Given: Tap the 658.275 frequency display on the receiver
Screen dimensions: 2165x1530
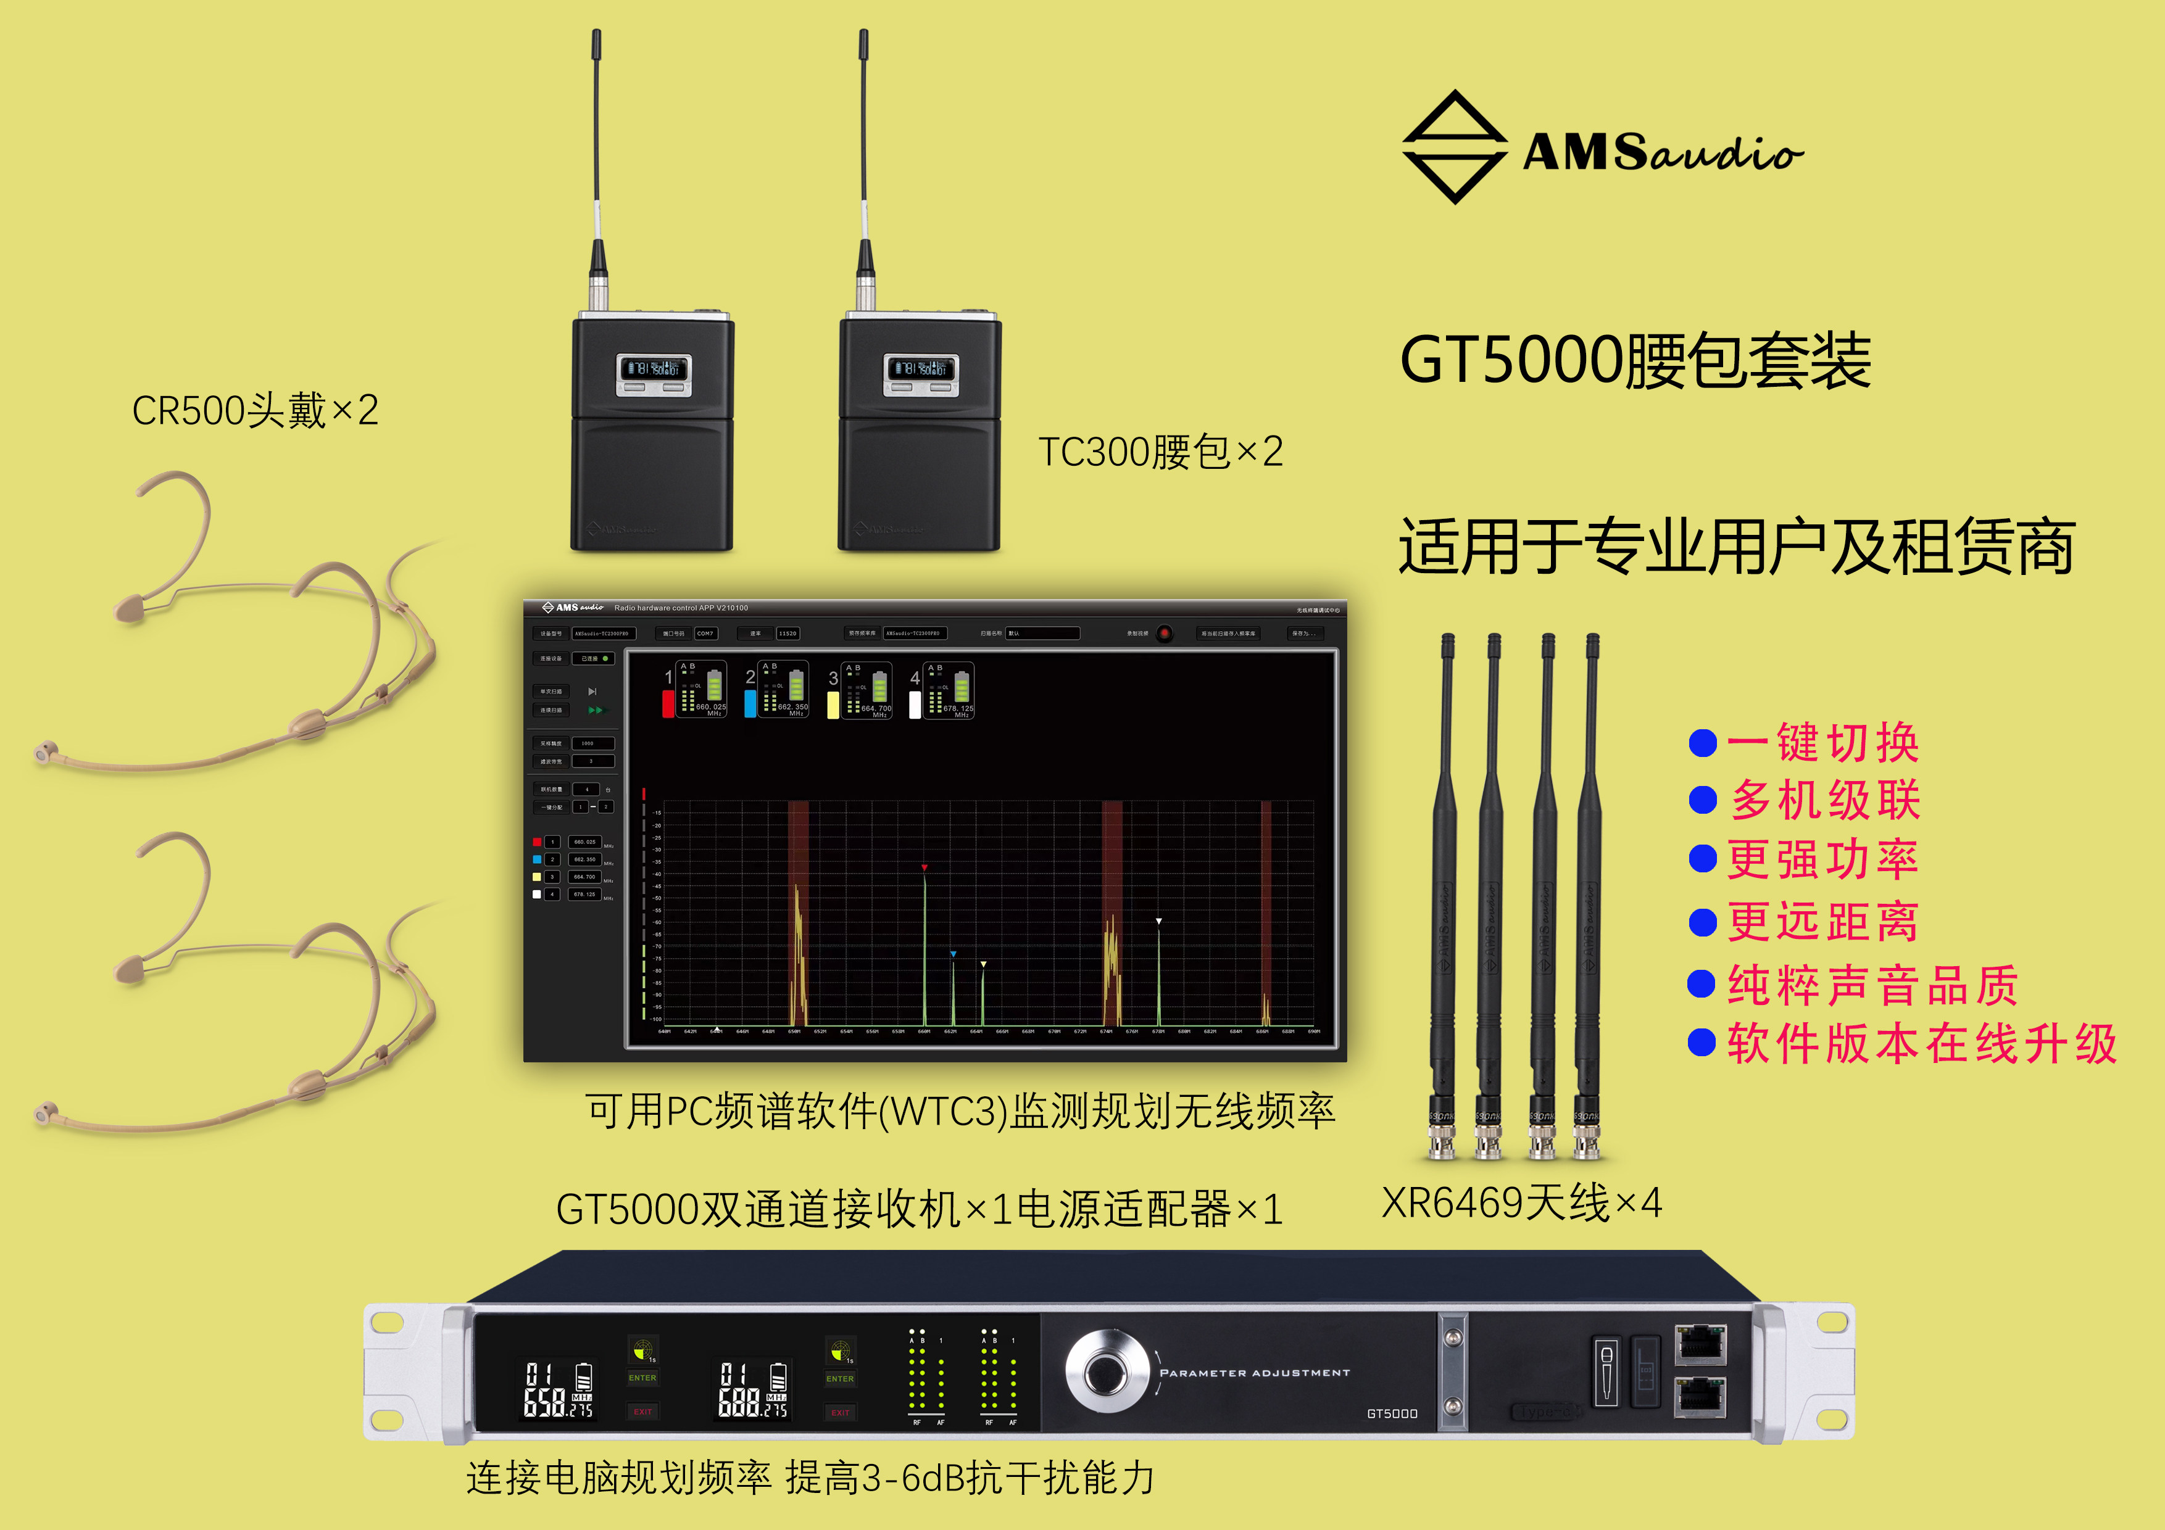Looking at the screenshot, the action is coord(559,1389).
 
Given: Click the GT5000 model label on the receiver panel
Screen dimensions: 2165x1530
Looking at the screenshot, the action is coord(1392,1413).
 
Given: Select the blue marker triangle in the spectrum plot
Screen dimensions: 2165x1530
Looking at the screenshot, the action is coord(954,954).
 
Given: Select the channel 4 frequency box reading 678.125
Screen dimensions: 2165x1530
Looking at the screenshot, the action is coord(584,894).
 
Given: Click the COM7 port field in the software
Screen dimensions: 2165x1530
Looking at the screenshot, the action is coord(705,634).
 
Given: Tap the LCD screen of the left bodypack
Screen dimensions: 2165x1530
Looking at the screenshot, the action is coord(654,368).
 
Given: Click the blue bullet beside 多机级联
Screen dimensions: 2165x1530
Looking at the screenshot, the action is coord(1703,800).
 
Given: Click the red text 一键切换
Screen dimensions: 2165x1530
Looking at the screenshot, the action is coord(1822,743).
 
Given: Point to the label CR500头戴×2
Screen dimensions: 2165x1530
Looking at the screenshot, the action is coord(255,410).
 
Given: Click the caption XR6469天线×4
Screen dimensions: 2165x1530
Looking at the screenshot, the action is coord(1521,1203).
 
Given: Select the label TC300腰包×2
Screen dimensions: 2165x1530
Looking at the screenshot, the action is coord(1160,452).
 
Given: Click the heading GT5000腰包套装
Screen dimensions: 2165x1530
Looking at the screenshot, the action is coord(1634,360).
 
